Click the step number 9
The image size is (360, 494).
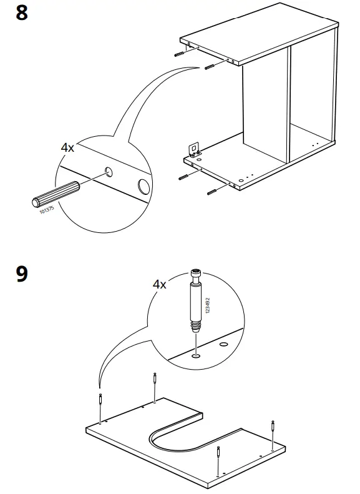tap(21, 274)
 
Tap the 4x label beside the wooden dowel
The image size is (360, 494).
tap(67, 148)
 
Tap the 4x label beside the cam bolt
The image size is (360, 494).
tap(160, 284)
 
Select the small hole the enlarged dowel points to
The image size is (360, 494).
tap(109, 171)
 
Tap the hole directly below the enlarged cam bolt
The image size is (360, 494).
tap(197, 357)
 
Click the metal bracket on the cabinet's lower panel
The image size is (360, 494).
tap(194, 148)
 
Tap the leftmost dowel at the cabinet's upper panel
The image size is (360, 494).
tap(181, 54)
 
